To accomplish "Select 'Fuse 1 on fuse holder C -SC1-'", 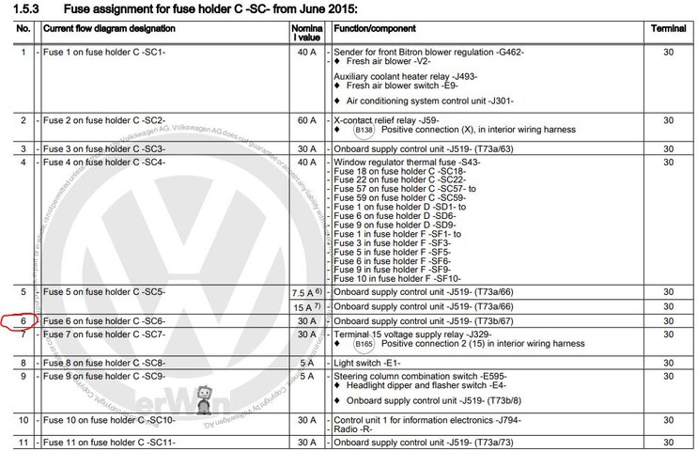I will [104, 52].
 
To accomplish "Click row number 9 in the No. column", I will [23, 377].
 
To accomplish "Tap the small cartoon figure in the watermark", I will [205, 397].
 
